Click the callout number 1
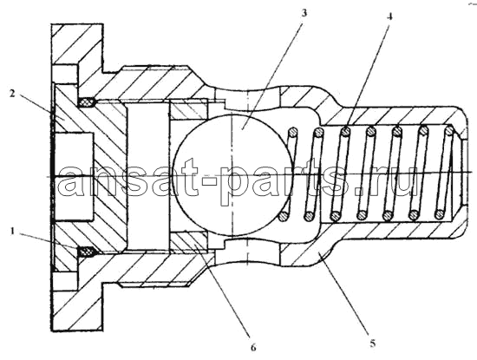click(13, 232)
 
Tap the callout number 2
click(12, 94)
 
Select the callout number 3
click(304, 13)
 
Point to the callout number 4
click(389, 16)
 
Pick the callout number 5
click(373, 344)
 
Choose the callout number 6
click(253, 348)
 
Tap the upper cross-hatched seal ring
click(88, 102)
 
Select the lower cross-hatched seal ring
click(88, 252)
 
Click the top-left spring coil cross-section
click(292, 132)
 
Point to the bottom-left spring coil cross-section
click(284, 216)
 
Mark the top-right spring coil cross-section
click(449, 131)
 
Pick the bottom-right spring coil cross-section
click(440, 214)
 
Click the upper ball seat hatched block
click(188, 109)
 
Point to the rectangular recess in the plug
click(73, 176)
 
